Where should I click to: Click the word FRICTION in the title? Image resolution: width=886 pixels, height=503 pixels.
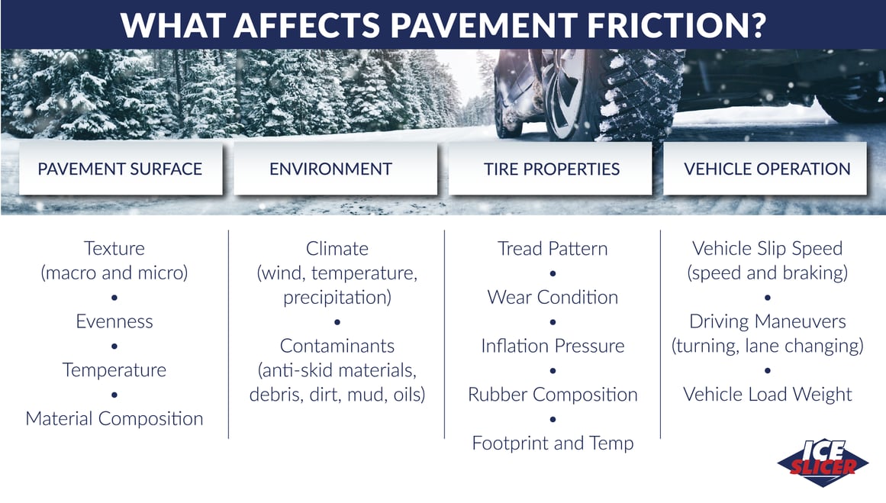coord(667,25)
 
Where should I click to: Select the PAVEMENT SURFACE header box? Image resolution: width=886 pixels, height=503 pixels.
coord(121,169)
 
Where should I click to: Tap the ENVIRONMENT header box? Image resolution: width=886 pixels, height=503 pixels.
coord(335,169)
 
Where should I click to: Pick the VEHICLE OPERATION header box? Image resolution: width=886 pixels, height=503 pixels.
coord(765,169)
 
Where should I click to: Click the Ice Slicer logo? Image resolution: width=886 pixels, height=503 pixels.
coord(823,463)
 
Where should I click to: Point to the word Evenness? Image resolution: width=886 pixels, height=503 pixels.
coord(114,321)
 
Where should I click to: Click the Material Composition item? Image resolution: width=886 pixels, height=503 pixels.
coord(114,418)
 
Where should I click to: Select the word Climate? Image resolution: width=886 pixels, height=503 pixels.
coord(337,248)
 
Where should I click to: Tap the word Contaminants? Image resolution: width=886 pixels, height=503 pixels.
coord(337,345)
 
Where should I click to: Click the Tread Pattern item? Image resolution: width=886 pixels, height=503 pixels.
coord(553,248)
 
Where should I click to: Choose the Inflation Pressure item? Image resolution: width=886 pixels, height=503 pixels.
coord(553,345)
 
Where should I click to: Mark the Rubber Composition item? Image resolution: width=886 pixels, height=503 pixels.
coord(553,394)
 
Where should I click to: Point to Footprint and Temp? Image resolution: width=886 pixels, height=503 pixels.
coord(553,443)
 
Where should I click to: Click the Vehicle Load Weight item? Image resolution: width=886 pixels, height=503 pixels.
coord(768,394)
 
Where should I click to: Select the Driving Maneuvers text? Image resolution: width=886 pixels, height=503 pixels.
coord(768,321)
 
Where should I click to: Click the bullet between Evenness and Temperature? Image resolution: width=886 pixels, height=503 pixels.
coord(114,346)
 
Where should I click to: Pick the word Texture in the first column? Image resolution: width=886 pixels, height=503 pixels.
coord(114,248)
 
